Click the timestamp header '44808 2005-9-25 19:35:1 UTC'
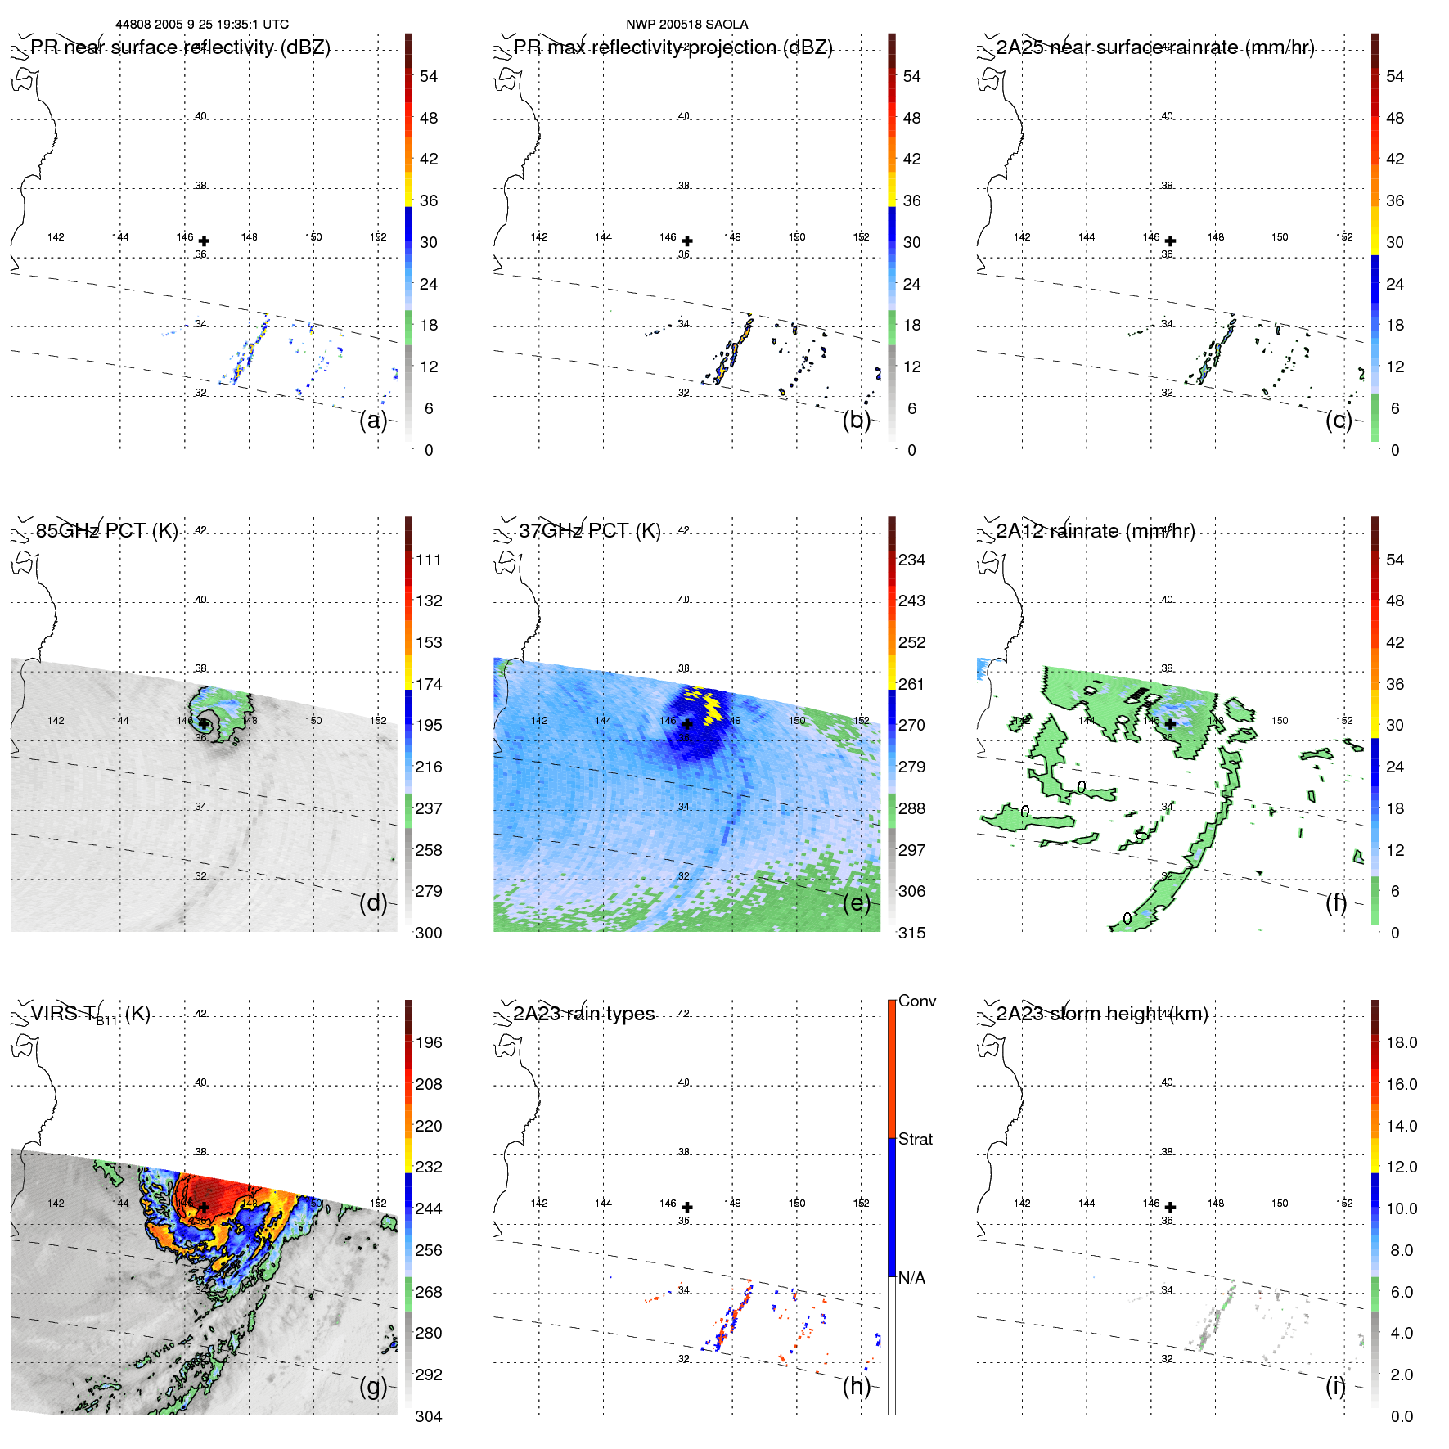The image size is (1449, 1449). [202, 25]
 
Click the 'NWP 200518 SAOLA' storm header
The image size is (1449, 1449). [686, 25]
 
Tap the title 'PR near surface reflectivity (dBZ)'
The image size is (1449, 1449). [180, 47]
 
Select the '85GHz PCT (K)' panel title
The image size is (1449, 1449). [106, 530]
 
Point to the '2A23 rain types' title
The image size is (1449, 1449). [583, 1014]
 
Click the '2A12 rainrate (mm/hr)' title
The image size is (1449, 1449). [1096, 531]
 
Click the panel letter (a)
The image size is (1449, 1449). [373, 421]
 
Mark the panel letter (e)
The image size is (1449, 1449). [857, 903]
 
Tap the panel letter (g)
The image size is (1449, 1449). [373, 1386]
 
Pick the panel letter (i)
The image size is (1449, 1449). [1335, 1386]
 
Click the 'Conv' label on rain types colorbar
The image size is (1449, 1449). [917, 1001]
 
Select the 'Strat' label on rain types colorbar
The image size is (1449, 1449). [916, 1139]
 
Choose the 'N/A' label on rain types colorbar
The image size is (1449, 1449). [911, 1278]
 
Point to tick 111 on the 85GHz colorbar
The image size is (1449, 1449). [429, 560]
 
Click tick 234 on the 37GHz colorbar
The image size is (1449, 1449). [911, 560]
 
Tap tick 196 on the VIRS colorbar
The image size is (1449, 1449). [429, 1042]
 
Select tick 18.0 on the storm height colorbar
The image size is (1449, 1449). [1402, 1042]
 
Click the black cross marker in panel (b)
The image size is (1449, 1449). [687, 241]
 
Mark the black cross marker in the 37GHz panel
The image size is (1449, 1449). [687, 724]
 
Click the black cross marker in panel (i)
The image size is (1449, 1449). [1170, 1207]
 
